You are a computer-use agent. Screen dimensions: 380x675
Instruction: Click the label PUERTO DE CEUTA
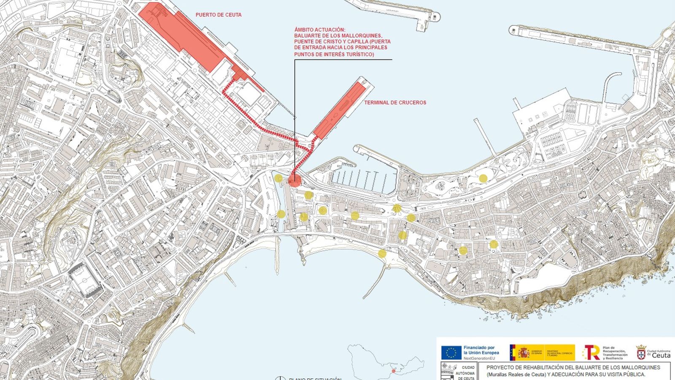(x=219, y=15)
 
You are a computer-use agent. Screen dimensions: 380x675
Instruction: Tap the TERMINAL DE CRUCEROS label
(x=395, y=103)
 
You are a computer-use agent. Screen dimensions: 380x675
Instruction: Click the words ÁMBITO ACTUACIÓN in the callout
(x=320, y=30)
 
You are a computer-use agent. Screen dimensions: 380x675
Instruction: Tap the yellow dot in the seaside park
(x=483, y=179)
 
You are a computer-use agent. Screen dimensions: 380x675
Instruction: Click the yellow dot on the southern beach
(x=382, y=253)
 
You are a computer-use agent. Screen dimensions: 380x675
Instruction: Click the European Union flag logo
(x=451, y=352)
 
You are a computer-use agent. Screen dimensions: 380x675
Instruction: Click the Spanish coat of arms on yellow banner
(x=524, y=352)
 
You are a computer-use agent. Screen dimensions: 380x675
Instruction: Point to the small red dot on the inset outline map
(x=394, y=371)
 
